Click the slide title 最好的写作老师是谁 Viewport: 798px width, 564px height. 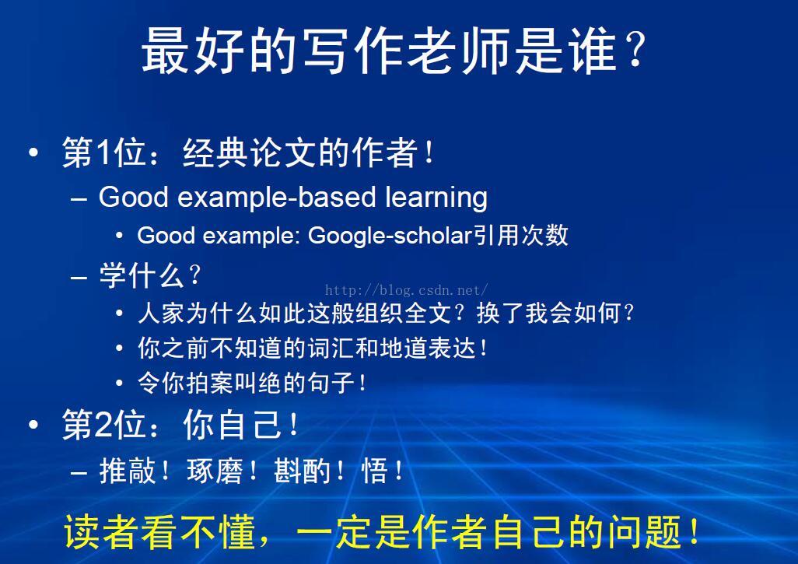(x=379, y=51)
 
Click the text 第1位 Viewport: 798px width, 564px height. (x=103, y=152)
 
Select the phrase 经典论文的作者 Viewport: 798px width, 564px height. (x=300, y=152)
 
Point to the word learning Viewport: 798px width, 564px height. (x=436, y=198)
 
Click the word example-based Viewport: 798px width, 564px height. (x=276, y=198)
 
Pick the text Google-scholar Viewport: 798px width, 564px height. (x=390, y=236)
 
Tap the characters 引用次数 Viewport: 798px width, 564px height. (x=520, y=235)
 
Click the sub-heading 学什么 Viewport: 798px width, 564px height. (x=142, y=275)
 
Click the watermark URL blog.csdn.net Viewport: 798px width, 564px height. (x=406, y=290)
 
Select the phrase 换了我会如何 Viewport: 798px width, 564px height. (x=549, y=313)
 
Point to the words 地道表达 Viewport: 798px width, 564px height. (x=427, y=349)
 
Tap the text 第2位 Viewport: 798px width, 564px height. (x=103, y=424)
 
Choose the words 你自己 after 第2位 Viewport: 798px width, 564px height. (x=231, y=424)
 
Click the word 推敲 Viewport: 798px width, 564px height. (x=127, y=470)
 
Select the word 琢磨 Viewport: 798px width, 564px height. (x=214, y=470)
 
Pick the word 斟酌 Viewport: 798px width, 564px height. (x=301, y=470)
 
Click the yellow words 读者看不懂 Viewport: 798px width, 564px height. (x=159, y=532)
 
